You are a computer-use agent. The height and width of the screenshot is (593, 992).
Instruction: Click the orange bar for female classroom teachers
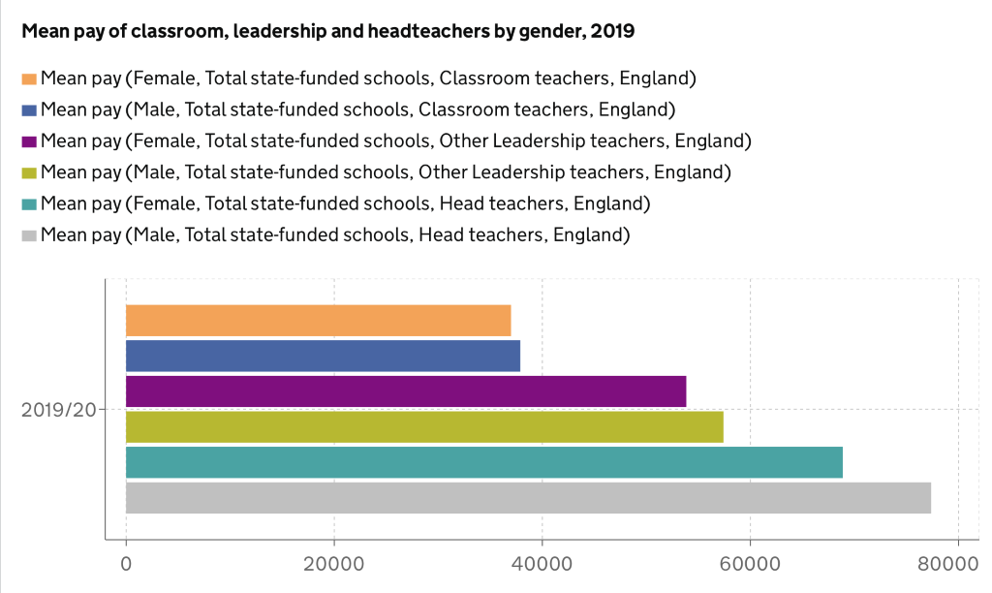[318, 320]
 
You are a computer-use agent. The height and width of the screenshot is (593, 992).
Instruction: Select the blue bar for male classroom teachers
[323, 356]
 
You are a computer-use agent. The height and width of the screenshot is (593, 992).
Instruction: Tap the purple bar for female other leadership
[406, 391]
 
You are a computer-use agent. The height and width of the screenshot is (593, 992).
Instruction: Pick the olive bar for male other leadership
[424, 426]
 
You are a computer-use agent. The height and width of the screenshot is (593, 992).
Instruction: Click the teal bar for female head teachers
[484, 462]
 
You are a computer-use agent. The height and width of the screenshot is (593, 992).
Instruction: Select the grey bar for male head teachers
[528, 498]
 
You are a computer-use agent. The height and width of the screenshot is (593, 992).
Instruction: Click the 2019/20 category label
[59, 410]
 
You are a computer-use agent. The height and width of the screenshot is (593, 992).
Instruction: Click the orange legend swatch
[29, 78]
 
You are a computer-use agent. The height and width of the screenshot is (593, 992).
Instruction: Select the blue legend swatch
[29, 109]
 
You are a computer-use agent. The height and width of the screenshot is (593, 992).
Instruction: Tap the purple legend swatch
[29, 141]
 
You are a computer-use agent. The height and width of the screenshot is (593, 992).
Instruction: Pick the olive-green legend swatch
[29, 172]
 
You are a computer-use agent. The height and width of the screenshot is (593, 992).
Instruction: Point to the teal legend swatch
[29, 204]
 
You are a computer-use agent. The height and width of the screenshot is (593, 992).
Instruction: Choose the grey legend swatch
[29, 235]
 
